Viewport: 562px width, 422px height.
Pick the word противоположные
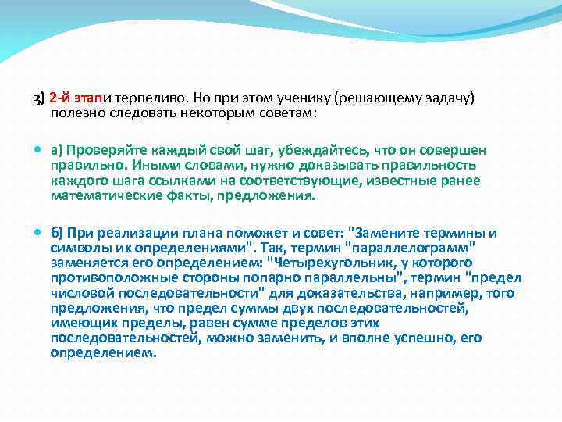point(101,278)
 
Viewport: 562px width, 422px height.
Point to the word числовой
point(76,293)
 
